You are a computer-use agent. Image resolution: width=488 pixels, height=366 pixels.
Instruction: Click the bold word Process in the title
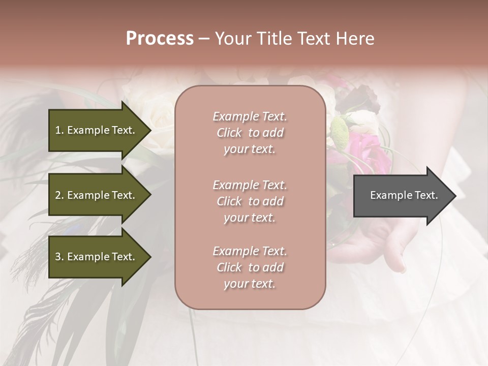click(160, 39)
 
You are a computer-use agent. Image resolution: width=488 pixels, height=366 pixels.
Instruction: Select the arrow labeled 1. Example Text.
click(97, 130)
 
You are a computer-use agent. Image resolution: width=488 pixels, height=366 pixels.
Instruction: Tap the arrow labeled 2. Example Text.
click(97, 195)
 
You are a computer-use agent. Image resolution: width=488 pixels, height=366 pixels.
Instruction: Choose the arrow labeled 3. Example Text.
click(97, 257)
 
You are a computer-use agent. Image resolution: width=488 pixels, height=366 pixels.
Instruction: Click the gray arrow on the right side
click(402, 196)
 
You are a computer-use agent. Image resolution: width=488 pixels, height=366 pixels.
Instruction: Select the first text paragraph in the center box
click(250, 133)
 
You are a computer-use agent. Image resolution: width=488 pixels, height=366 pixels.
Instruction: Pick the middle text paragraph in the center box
click(250, 201)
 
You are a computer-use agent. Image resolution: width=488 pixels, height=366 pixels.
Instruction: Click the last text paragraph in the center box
click(250, 267)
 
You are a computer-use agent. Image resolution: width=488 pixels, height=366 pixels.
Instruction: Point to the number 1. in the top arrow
click(59, 130)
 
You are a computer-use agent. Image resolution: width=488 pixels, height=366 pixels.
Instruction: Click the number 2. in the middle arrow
click(59, 195)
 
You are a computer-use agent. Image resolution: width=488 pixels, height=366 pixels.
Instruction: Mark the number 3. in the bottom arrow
click(59, 257)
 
